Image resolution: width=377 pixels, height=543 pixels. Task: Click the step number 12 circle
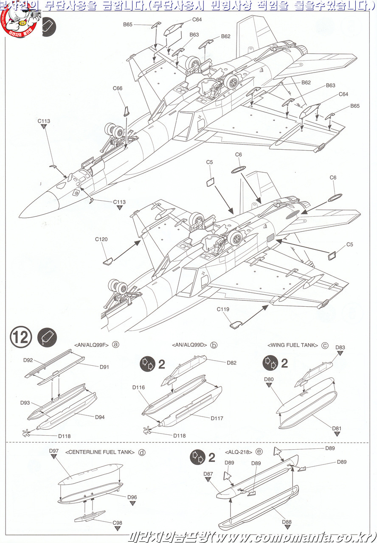[x=20, y=337]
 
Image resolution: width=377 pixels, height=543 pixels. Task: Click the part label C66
[x=118, y=88]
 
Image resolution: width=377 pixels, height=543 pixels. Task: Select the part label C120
[x=101, y=239]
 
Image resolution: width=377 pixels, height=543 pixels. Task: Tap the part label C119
[x=223, y=309]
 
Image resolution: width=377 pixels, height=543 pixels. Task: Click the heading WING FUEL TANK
[x=293, y=345]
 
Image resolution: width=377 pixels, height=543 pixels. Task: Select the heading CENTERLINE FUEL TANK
[x=100, y=452]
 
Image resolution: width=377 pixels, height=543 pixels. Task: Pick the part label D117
[x=217, y=418]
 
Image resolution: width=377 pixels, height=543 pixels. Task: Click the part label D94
[x=99, y=417]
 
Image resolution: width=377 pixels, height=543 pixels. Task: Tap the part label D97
[x=53, y=451]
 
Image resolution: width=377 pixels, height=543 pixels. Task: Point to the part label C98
[x=118, y=523]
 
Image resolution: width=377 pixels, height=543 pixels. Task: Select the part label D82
[x=231, y=363]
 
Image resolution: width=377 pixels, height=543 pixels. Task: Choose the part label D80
[x=269, y=379]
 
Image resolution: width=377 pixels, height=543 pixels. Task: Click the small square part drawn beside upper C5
[x=210, y=183]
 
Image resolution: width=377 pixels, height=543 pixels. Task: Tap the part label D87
[x=208, y=474]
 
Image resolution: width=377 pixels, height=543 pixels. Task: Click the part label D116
[x=138, y=387]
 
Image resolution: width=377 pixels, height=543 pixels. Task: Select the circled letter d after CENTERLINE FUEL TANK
[x=142, y=452]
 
